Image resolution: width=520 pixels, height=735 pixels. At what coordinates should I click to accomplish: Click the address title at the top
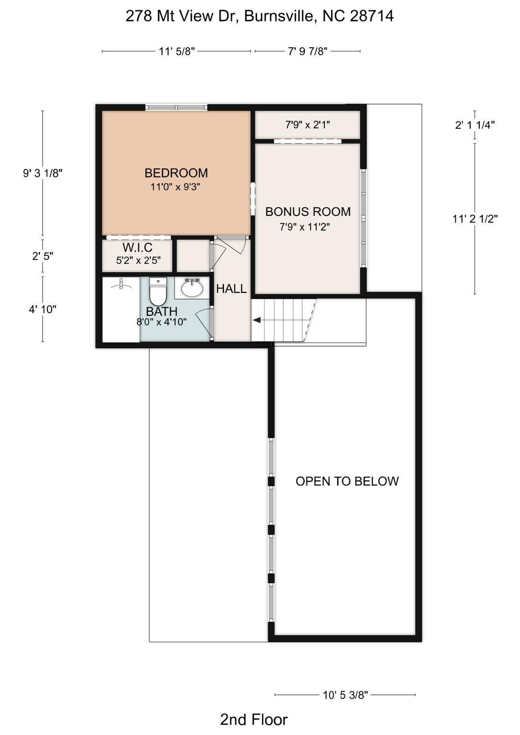[259, 16]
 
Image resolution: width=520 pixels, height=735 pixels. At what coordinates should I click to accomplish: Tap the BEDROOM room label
[176, 173]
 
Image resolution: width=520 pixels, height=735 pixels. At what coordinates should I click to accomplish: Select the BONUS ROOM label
[308, 212]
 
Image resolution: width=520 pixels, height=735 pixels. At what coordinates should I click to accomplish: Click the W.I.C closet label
[137, 247]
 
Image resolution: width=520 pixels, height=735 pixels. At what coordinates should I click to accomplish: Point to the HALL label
[231, 289]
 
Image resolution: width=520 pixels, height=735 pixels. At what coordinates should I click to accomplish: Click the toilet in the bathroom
[158, 291]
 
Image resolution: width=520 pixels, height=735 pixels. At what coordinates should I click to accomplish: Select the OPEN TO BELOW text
[347, 481]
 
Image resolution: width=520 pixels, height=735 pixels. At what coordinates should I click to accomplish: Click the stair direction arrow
[256, 320]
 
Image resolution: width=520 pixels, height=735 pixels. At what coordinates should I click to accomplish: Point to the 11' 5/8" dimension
[177, 52]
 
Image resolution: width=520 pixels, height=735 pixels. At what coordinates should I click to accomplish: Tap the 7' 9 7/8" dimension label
[308, 52]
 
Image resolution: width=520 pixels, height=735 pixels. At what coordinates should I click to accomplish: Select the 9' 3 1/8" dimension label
[43, 173]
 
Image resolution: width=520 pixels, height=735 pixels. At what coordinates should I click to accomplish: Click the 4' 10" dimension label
[43, 309]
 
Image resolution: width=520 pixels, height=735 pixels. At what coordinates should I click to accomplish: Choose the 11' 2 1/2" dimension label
[475, 219]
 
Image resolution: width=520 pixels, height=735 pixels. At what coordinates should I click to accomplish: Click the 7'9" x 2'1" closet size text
[308, 125]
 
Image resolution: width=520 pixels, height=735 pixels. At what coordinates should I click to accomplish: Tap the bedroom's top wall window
[177, 107]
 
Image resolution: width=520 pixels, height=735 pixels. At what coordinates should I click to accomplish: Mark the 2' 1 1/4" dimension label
[475, 125]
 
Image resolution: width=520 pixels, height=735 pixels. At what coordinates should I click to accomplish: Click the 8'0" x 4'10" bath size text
[161, 322]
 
